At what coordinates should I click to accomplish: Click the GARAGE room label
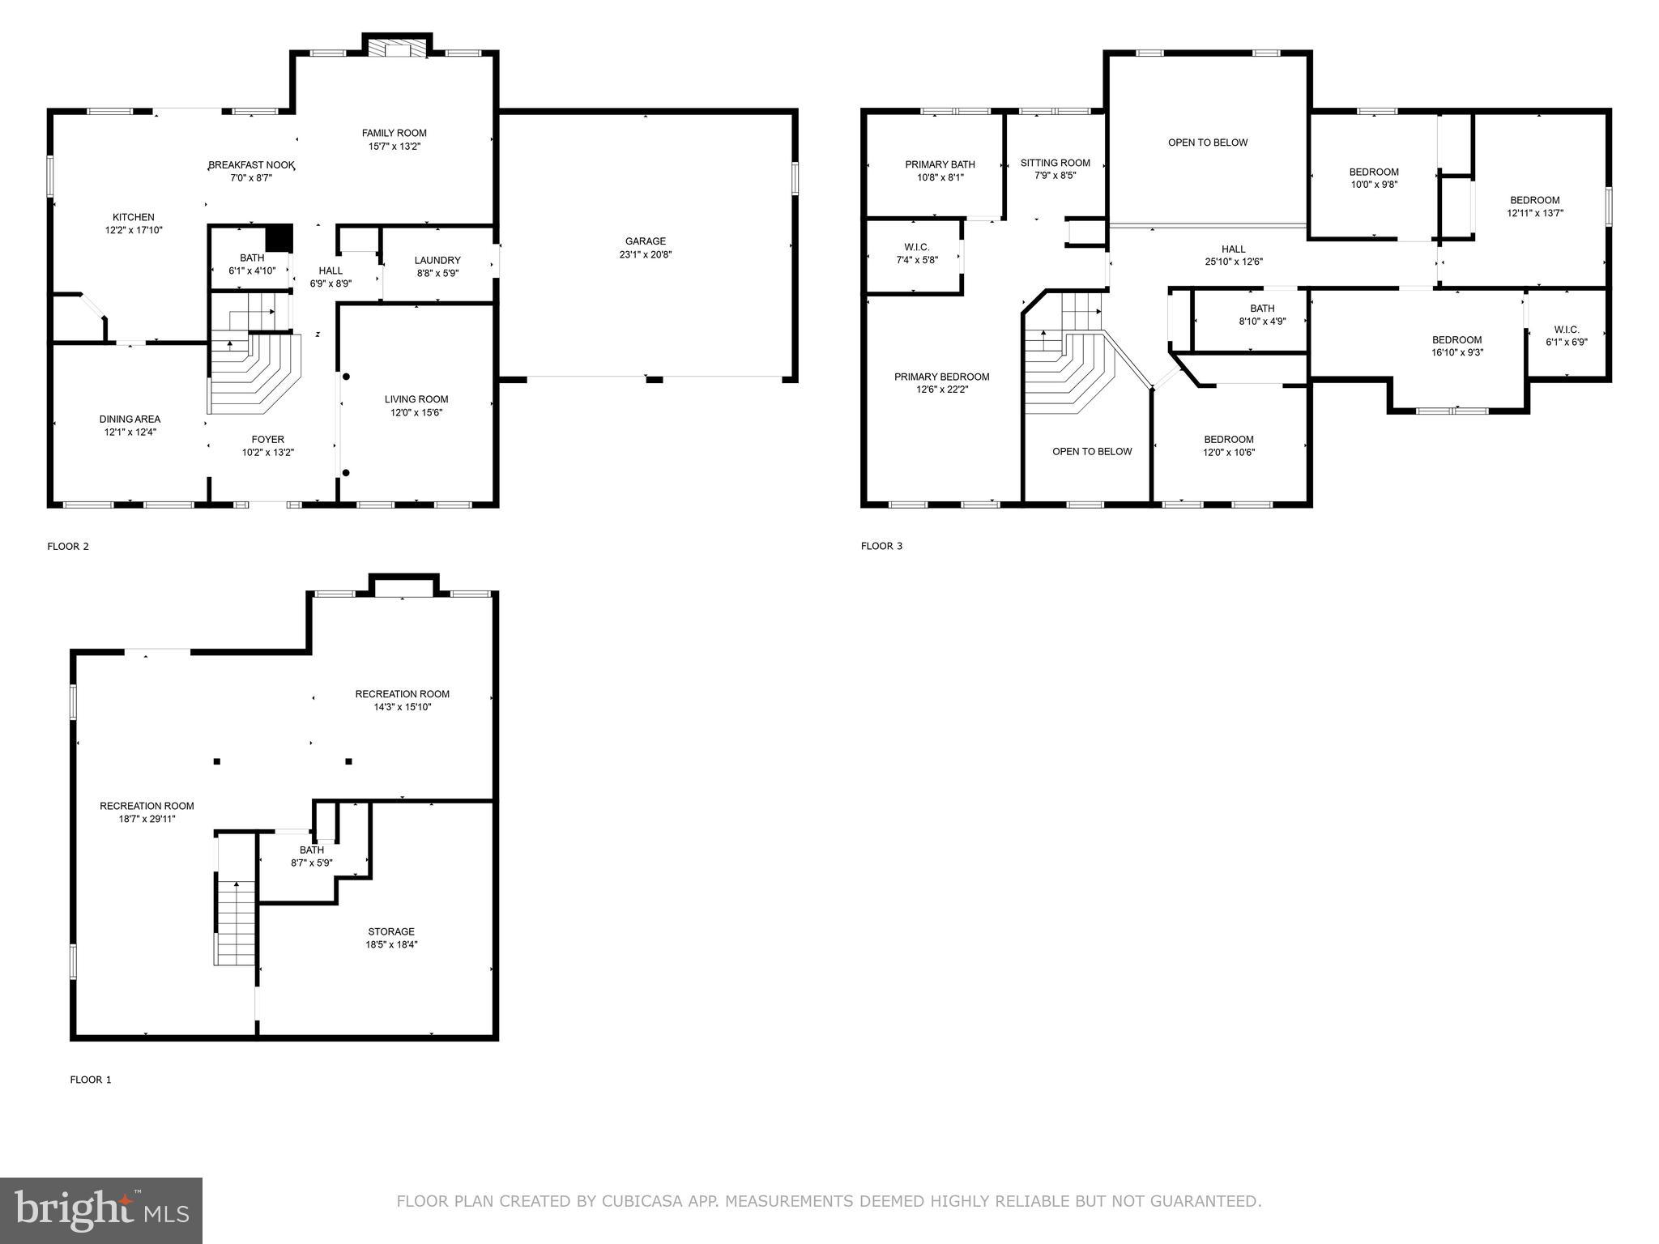[x=645, y=241]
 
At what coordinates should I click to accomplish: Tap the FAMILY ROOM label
[x=394, y=134]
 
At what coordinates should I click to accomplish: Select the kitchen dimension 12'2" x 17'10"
[x=134, y=230]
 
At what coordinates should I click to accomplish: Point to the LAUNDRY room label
[x=437, y=261]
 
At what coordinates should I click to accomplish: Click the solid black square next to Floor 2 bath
[x=279, y=238]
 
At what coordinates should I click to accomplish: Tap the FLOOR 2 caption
[x=68, y=547]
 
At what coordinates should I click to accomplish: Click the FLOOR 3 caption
[x=881, y=547]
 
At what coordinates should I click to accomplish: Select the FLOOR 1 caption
[x=91, y=1080]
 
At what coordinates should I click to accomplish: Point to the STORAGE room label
[x=390, y=932]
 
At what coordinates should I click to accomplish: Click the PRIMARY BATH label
[x=940, y=165]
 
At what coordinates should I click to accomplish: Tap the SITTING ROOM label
[x=1055, y=164]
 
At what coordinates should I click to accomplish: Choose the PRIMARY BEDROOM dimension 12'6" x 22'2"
[x=941, y=390]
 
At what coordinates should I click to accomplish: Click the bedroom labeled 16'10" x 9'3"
[x=1456, y=347]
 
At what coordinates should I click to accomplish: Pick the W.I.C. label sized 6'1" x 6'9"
[x=1566, y=336]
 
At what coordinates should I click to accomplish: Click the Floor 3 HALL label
[x=1233, y=249]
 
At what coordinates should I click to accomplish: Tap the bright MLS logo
[x=101, y=1210]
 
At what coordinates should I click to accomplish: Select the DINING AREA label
[x=130, y=420]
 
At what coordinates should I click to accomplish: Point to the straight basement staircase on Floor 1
[x=236, y=923]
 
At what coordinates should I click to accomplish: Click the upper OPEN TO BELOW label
[x=1207, y=143]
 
